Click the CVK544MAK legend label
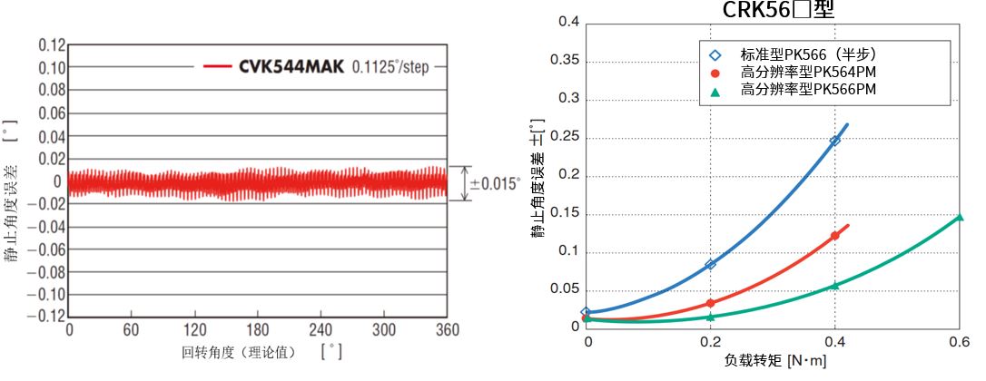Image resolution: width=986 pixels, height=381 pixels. (291, 67)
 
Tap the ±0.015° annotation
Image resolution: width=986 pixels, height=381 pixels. (495, 183)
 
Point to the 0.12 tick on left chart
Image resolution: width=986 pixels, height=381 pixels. (52, 45)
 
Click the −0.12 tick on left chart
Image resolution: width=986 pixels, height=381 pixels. (49, 317)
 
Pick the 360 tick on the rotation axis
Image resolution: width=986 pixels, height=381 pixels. (446, 330)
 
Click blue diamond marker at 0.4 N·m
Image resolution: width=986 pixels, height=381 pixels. (834, 141)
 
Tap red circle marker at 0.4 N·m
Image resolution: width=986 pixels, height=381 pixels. (834, 236)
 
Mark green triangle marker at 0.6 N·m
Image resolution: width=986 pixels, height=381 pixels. (959, 217)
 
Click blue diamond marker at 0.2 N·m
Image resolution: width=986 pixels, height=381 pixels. (711, 264)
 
